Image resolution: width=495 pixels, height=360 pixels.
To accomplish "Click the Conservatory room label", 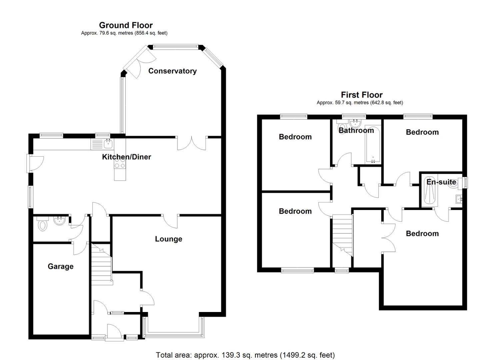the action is [x=172, y=71].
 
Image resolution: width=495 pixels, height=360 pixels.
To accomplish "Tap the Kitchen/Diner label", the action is [x=126, y=157].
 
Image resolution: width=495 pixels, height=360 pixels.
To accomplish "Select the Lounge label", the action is [x=168, y=239].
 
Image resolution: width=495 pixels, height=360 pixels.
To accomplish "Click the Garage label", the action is [x=60, y=266].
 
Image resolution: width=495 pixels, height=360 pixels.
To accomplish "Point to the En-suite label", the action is [x=441, y=182].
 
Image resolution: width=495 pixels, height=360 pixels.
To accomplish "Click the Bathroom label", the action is [x=356, y=130].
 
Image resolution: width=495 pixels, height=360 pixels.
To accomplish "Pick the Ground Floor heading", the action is [x=126, y=25].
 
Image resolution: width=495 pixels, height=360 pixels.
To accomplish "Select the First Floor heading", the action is [x=361, y=95].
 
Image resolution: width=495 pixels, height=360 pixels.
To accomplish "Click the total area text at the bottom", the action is [x=245, y=355].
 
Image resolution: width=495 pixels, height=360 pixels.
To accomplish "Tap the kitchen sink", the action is [x=108, y=144].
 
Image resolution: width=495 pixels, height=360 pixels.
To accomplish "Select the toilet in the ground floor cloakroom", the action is [x=42, y=224].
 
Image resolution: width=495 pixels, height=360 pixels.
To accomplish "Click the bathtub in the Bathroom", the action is [x=373, y=145].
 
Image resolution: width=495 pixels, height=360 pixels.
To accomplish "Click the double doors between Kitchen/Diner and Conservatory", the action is [x=192, y=143].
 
